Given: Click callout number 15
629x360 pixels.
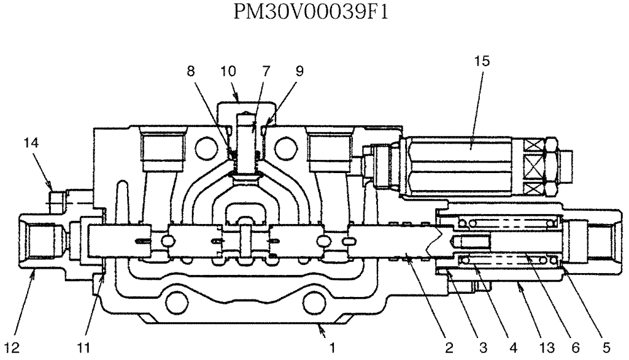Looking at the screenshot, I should pos(482,61).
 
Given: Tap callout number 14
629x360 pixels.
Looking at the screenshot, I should pos(31,143).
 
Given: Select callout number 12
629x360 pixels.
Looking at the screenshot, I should pos(14,346).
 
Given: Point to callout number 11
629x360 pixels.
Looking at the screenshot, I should pos(84,346).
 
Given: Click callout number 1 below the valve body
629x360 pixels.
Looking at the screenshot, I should pos(332,346).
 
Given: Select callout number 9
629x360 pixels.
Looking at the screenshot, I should pos(299,71).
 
